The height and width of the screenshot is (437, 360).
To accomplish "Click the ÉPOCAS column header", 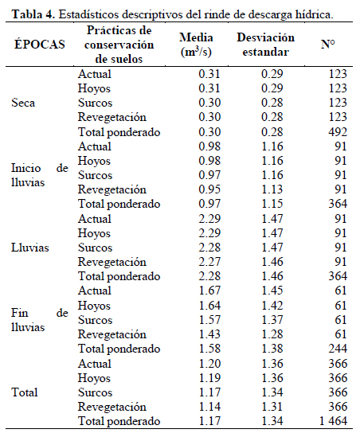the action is point(40,45).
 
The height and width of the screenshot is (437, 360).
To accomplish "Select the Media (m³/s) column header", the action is point(196,45).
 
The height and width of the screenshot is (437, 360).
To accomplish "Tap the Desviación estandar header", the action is point(265,45).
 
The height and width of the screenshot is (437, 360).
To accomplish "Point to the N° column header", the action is point(327,44).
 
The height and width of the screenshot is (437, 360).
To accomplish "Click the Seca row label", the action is point(23,103).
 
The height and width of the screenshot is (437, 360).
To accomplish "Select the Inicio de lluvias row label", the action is point(40,175).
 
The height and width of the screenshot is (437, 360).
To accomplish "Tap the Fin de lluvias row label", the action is point(40,320).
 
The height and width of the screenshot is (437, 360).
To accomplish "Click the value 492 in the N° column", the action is point(338,132).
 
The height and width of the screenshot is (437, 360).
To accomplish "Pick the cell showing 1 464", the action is point(333,421).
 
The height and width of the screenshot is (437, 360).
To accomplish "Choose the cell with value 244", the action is point(338,349).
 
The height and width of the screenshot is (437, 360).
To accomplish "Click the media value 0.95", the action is point(209,189).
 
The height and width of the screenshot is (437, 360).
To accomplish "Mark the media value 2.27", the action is point(209,262).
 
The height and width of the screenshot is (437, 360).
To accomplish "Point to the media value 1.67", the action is point(209,291).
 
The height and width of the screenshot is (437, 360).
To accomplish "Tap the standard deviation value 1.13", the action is point(272,189).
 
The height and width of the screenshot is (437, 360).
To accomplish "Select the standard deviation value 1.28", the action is point(272,334).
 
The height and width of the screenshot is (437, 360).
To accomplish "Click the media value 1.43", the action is point(209,334).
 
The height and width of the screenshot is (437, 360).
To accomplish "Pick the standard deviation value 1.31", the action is point(272,407).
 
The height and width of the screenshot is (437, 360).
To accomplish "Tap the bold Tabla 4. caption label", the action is point(33,14).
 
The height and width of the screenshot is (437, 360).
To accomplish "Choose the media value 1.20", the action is point(209,364).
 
